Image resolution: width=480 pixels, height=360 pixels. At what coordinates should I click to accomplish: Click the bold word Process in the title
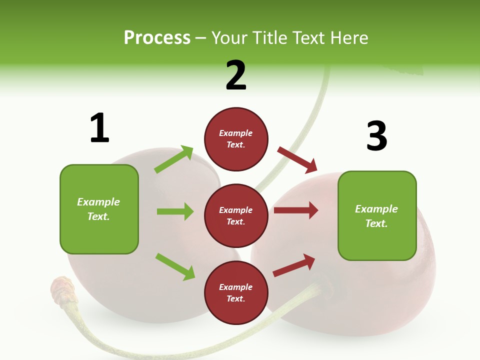click(x=157, y=37)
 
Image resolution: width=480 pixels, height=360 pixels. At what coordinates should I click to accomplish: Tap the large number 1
click(x=99, y=128)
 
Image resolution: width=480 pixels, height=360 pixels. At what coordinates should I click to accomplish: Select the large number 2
click(x=236, y=75)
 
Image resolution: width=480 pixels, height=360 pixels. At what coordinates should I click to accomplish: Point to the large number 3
click(x=376, y=136)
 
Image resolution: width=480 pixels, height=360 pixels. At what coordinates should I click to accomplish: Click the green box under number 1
click(x=99, y=209)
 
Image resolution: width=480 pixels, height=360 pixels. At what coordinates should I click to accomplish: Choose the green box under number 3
click(x=377, y=215)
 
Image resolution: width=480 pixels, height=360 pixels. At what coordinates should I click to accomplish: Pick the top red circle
click(x=236, y=139)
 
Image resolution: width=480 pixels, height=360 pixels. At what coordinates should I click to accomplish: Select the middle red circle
click(x=236, y=215)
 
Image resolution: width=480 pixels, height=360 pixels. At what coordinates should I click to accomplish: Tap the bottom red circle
click(x=236, y=292)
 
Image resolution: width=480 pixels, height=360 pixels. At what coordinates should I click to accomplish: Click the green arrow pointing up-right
click(x=174, y=159)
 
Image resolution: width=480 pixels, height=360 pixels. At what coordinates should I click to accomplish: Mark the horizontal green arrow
click(x=175, y=211)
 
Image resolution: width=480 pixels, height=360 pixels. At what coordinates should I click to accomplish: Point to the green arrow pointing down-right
click(x=175, y=266)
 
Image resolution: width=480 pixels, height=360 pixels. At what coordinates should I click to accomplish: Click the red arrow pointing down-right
click(x=297, y=159)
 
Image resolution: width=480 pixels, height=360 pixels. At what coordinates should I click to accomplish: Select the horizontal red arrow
click(x=296, y=210)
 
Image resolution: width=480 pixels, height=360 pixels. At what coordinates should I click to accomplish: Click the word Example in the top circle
click(x=236, y=133)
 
